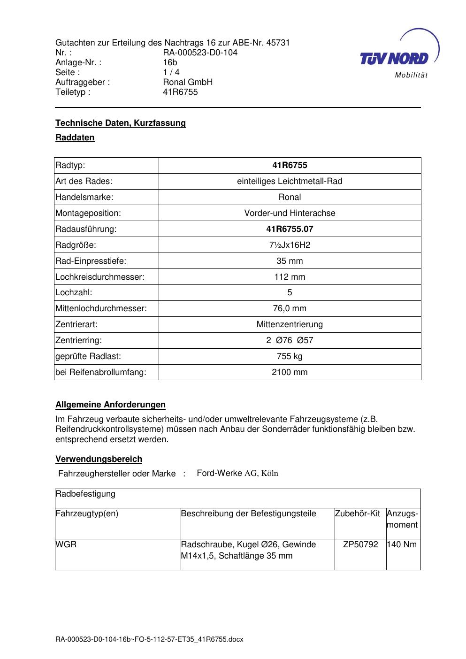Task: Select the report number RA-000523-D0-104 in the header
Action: [x=200, y=53]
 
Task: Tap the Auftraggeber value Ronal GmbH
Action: [x=188, y=82]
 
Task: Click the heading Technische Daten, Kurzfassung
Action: [x=121, y=123]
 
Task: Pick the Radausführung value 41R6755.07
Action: [x=290, y=229]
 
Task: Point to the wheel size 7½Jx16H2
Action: [x=290, y=245]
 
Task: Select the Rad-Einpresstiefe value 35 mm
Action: [x=290, y=261]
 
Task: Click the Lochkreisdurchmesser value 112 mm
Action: [x=290, y=277]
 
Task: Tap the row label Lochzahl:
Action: [x=74, y=292]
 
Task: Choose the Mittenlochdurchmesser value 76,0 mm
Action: [x=290, y=308]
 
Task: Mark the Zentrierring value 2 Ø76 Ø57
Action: [x=290, y=340]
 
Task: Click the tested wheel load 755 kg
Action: [x=290, y=356]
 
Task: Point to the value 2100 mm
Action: [x=290, y=372]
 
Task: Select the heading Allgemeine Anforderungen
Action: [x=110, y=405]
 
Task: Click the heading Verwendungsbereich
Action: [x=99, y=459]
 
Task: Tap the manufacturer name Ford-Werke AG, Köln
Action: [x=237, y=473]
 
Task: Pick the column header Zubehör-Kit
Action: [x=357, y=513]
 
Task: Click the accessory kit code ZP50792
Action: [x=360, y=544]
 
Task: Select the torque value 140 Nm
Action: [x=402, y=544]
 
